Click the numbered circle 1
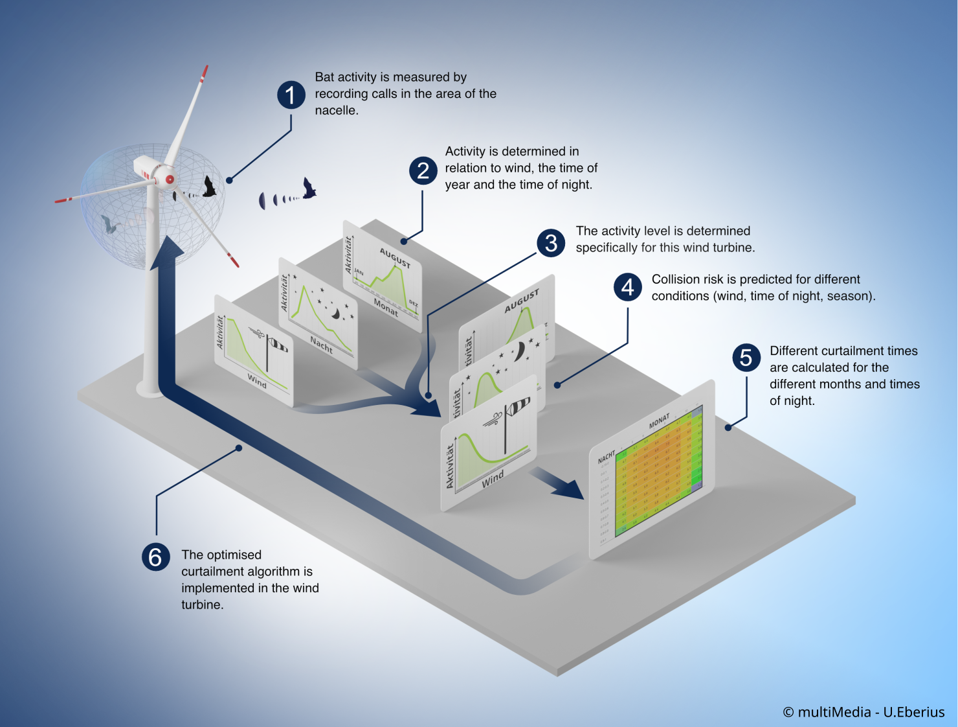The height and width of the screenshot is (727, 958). click(x=291, y=95)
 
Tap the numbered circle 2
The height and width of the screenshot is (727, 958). click(x=423, y=170)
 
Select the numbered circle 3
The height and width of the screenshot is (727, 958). click(x=551, y=243)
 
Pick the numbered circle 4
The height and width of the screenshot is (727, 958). click(x=627, y=286)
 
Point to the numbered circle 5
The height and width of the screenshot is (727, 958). click(x=746, y=358)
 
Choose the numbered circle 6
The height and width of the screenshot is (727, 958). click(x=155, y=557)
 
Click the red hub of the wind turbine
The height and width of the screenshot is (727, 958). click(x=170, y=179)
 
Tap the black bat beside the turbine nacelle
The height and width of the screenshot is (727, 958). click(x=208, y=187)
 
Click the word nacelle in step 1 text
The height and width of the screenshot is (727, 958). click(x=336, y=111)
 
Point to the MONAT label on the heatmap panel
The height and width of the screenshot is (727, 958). click(x=659, y=422)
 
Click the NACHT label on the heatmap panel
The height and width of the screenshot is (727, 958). click(x=606, y=457)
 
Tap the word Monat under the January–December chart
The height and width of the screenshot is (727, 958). click(x=386, y=306)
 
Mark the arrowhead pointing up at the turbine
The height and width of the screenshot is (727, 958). click(x=167, y=253)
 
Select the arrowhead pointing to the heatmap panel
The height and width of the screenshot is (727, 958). click(x=570, y=489)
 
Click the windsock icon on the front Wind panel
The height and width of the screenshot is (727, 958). click(x=517, y=408)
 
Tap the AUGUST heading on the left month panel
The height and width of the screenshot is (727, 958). click(x=395, y=257)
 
